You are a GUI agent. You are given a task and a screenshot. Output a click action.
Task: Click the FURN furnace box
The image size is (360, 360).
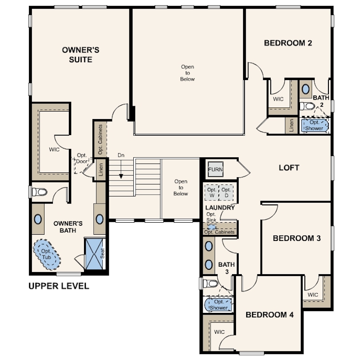pyautogui.click(x=216, y=169)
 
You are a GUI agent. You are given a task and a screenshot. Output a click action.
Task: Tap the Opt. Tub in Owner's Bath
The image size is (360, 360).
pyautogui.click(x=47, y=254)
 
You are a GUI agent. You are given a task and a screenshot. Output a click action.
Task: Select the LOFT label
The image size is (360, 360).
pyautogui.click(x=289, y=168)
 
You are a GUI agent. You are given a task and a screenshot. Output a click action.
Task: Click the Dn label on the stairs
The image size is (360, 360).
pyautogui.click(x=121, y=155)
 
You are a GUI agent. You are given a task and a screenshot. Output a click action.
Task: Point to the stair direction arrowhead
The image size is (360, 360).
pyautogui.click(x=121, y=176)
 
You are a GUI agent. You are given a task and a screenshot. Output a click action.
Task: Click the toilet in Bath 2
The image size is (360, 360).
pyautogui.click(x=308, y=106)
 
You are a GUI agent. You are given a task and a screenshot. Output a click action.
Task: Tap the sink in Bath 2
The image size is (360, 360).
pyautogui.click(x=305, y=89)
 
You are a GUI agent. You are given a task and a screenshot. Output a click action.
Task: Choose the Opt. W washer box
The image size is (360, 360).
pyautogui.click(x=212, y=192)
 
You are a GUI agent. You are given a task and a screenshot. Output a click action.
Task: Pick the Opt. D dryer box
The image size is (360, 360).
pyautogui.click(x=226, y=192)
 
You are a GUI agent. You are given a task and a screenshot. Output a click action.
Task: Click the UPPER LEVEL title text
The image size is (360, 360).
pyautogui.click(x=59, y=286)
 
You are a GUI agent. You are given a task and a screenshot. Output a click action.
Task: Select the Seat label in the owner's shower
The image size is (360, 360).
pyautogui.click(x=103, y=253)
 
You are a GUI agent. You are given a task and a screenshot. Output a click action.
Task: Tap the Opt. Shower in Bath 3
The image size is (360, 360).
pyautogui.click(x=218, y=304)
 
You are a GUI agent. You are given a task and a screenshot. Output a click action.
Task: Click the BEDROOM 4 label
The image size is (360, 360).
pyautogui.click(x=269, y=315)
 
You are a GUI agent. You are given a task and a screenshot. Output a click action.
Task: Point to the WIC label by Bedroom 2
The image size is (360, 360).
pyautogui.click(x=278, y=99)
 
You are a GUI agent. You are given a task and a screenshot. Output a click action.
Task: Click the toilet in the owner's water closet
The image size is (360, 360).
pyautogui.click(x=40, y=192)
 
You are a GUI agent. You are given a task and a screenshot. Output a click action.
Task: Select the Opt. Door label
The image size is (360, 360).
pyautogui.click(x=82, y=158)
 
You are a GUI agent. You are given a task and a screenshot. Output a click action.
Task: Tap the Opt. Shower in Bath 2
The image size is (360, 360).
pyautogui.click(x=315, y=125)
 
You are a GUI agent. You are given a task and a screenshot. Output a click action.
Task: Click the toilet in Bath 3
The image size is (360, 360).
pyautogui.click(x=210, y=283)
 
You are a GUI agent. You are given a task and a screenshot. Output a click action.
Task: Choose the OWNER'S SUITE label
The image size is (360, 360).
pyautogui.click(x=80, y=55)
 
